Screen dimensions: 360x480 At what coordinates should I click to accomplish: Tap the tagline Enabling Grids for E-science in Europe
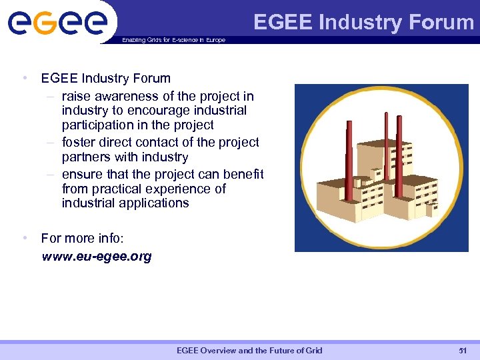coord(174,40)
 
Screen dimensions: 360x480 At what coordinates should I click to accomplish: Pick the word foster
coord(79,142)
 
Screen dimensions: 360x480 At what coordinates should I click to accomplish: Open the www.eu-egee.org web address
coord(97,257)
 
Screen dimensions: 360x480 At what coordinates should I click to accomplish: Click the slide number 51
coord(463,351)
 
